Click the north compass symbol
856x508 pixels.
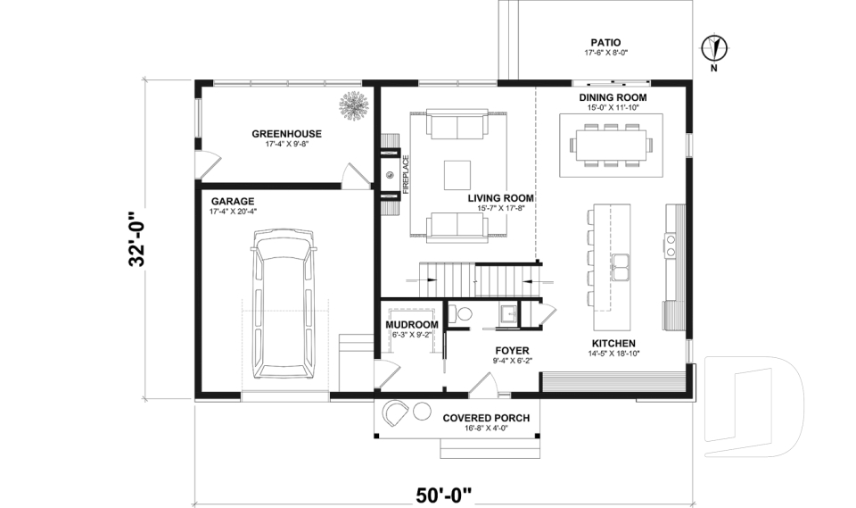tap(713, 47)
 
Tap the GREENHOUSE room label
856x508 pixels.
tap(286, 133)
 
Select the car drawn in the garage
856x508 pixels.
tap(283, 304)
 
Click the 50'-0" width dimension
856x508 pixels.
tap(443, 496)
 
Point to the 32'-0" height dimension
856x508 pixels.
tap(137, 238)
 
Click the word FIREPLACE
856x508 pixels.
tap(406, 175)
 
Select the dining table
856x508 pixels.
tap(611, 146)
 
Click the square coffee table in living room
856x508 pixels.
tap(457, 175)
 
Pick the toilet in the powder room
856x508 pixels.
tap(460, 314)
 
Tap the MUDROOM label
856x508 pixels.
tap(412, 325)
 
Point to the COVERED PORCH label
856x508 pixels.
tap(486, 419)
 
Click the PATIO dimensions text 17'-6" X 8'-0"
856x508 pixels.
tap(606, 53)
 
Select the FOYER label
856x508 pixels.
tap(512, 351)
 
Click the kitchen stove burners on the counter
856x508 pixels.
tap(671, 245)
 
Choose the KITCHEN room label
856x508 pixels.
tap(613, 344)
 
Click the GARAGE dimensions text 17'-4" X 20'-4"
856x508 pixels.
tap(233, 212)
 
